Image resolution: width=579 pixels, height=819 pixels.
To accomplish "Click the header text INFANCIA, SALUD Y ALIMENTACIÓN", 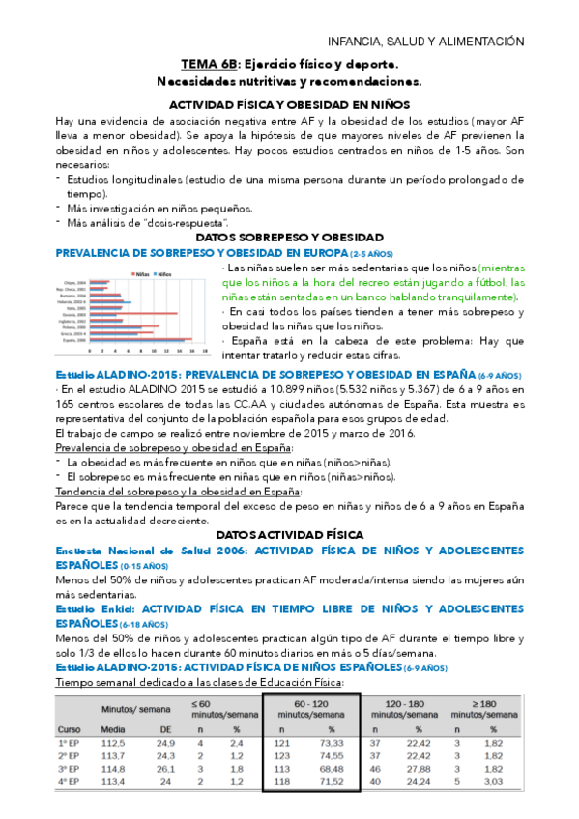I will [x=425, y=42].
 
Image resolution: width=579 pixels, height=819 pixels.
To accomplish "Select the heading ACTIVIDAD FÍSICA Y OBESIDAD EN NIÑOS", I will [x=289, y=103].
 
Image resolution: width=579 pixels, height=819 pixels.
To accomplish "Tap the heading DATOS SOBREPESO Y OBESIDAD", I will [x=289, y=237].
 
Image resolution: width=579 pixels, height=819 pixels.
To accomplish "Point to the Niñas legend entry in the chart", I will [x=139, y=273].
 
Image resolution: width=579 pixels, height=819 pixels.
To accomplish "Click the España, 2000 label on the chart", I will [x=74, y=341].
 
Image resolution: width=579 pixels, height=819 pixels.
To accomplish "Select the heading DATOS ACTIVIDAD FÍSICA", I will [x=289, y=534].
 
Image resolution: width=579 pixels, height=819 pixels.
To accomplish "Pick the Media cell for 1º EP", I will [x=114, y=742].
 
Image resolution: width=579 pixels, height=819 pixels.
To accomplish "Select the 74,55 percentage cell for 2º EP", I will [x=331, y=755].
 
